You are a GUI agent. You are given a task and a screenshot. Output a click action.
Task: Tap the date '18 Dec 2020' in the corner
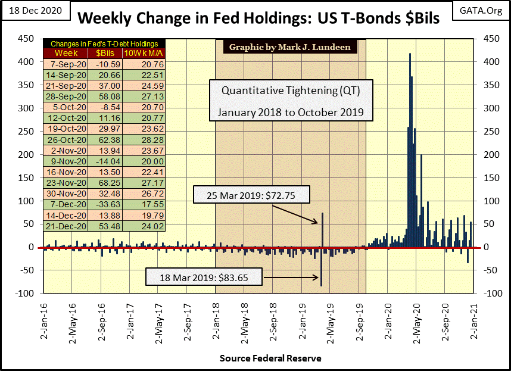(35, 10)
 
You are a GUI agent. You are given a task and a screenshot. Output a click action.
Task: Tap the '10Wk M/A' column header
(145, 52)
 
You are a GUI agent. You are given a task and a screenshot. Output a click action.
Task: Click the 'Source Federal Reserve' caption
(270, 358)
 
